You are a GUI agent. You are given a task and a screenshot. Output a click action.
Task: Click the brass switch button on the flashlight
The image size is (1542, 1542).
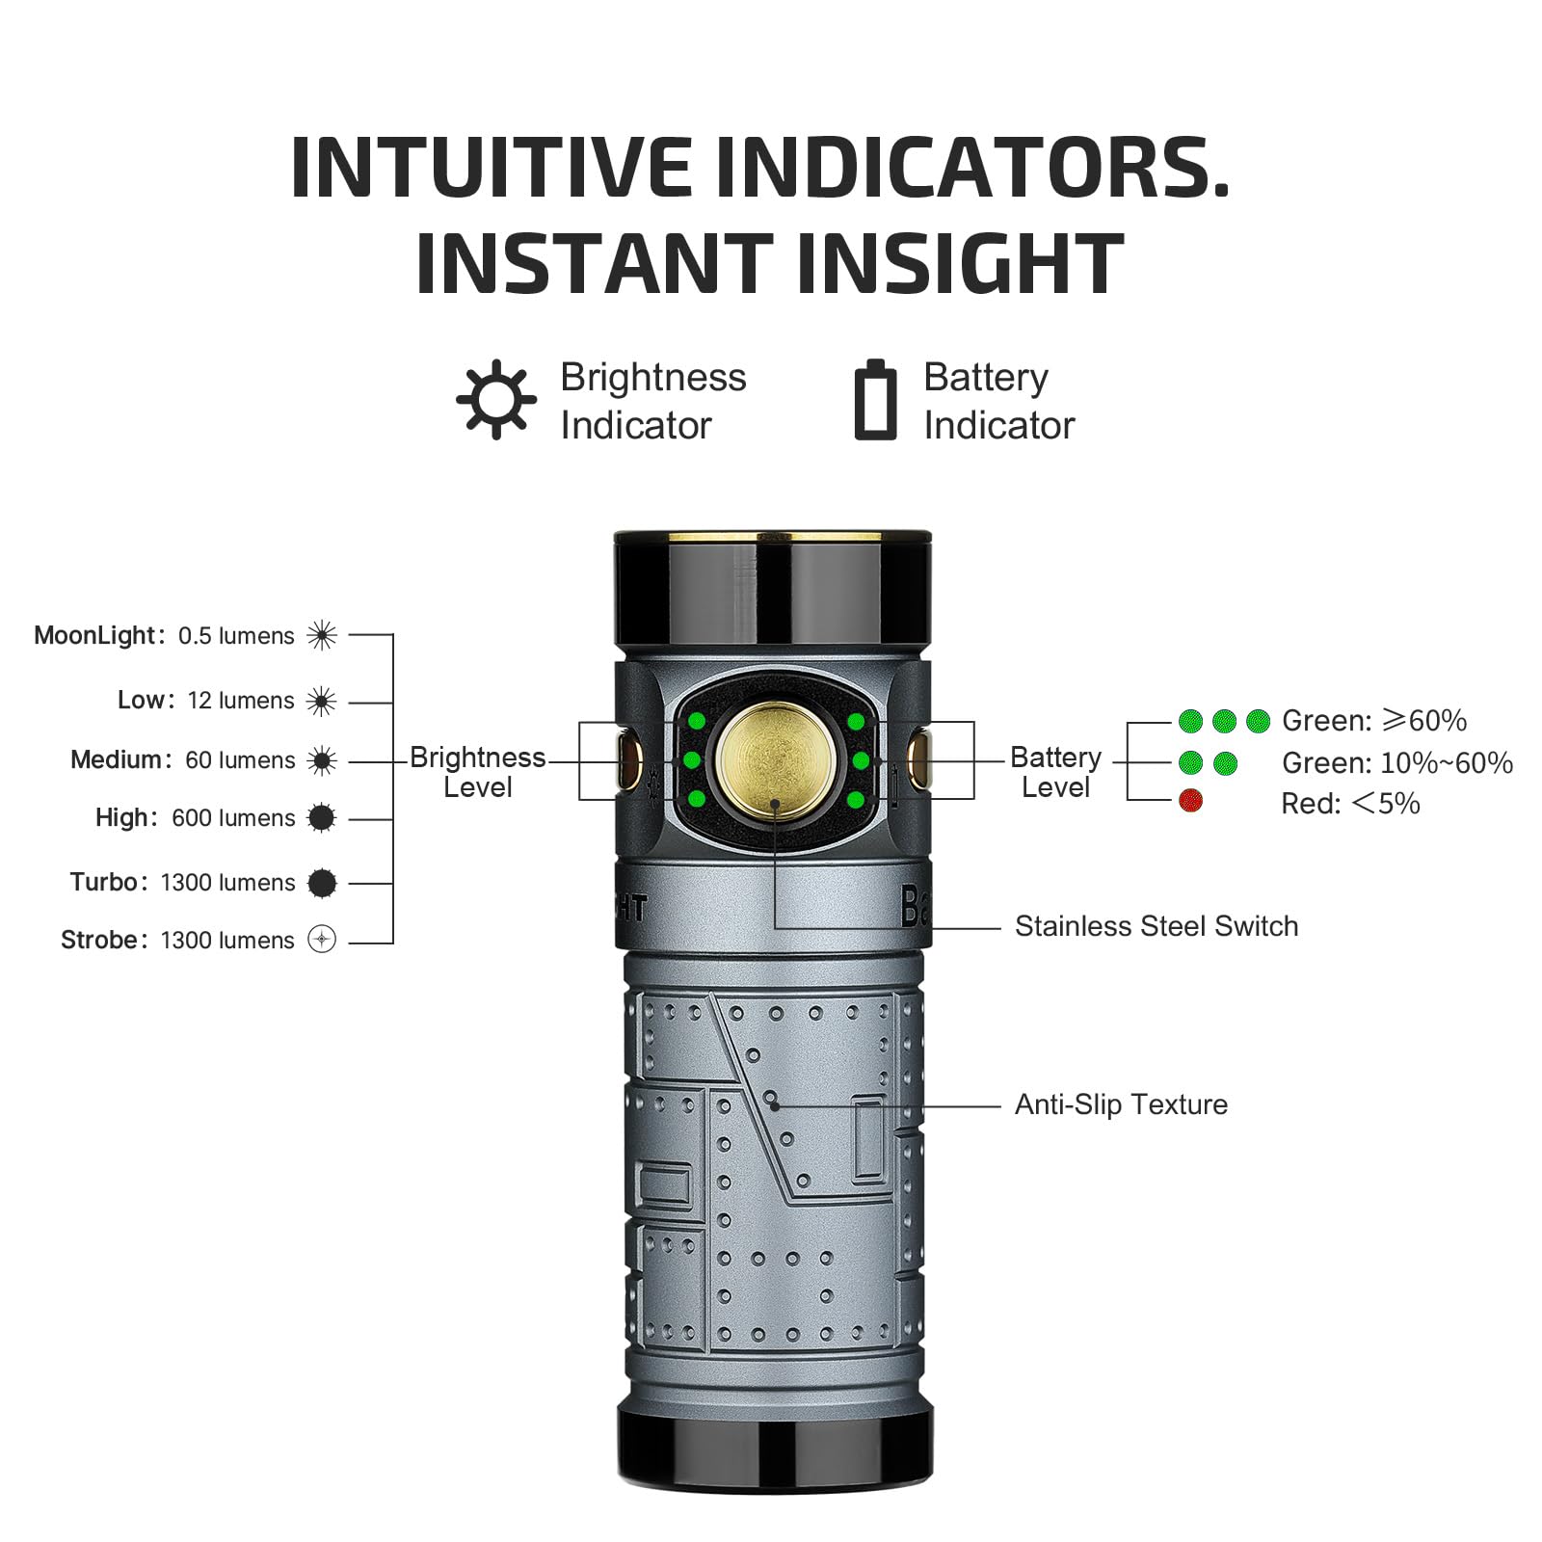(x=774, y=759)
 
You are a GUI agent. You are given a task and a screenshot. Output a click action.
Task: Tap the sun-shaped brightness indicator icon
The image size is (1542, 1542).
(x=495, y=399)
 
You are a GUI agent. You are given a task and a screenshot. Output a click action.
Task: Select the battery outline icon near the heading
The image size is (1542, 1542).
(x=875, y=400)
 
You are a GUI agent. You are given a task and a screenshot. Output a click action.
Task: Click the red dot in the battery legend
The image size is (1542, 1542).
(x=1190, y=800)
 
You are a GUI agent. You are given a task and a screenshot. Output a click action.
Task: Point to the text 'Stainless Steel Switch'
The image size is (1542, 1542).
(x=1156, y=926)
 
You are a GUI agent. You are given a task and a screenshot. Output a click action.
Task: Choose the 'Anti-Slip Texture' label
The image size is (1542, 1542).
(x=1121, y=1104)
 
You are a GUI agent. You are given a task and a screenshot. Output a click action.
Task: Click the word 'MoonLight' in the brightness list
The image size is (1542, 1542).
(x=94, y=636)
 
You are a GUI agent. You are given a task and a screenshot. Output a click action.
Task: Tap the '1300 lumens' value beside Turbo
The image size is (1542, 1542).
(x=227, y=883)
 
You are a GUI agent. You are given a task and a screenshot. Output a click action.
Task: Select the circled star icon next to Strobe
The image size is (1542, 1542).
(x=322, y=939)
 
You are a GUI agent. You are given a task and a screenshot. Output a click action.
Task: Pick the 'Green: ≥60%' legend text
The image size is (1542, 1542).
(x=1373, y=721)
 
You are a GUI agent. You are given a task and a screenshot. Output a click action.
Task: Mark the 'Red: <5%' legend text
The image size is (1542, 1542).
(x=1349, y=804)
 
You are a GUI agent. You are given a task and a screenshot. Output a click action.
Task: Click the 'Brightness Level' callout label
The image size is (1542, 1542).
(x=477, y=772)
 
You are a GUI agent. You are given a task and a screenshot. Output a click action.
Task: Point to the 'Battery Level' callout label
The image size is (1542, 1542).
(x=1055, y=772)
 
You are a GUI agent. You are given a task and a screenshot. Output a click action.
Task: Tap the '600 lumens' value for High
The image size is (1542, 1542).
(x=233, y=818)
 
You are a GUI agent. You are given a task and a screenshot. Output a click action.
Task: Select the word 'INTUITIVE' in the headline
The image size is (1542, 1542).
(x=491, y=168)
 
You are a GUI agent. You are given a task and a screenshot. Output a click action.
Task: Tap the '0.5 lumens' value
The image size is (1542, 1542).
(x=236, y=636)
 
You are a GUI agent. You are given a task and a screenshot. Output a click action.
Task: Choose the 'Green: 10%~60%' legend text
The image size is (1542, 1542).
(x=1396, y=763)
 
